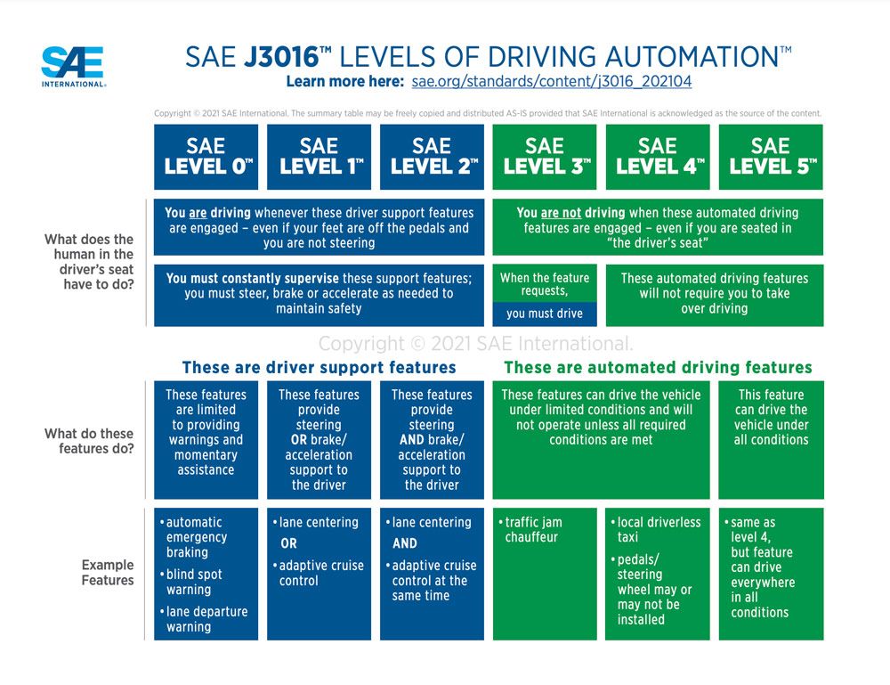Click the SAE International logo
pos(73,66)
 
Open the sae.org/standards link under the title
pos(551,81)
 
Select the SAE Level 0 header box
pos(206,157)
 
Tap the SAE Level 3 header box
pos(545,157)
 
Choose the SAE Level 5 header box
pos(771,157)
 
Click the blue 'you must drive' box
pos(545,314)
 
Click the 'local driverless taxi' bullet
pos(658,530)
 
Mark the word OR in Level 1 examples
pos(288,543)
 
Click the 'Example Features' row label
pos(108,572)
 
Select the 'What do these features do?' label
pos(89,441)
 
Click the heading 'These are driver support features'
pos(319,367)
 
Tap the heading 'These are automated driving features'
pos(658,367)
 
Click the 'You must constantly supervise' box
pos(319,293)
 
